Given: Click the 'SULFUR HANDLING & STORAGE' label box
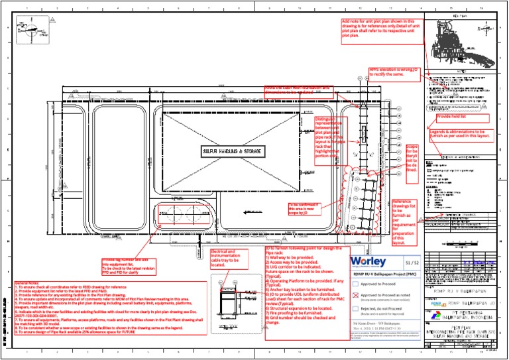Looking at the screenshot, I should click(x=233, y=151).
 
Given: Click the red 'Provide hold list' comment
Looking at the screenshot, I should click(x=454, y=117).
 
